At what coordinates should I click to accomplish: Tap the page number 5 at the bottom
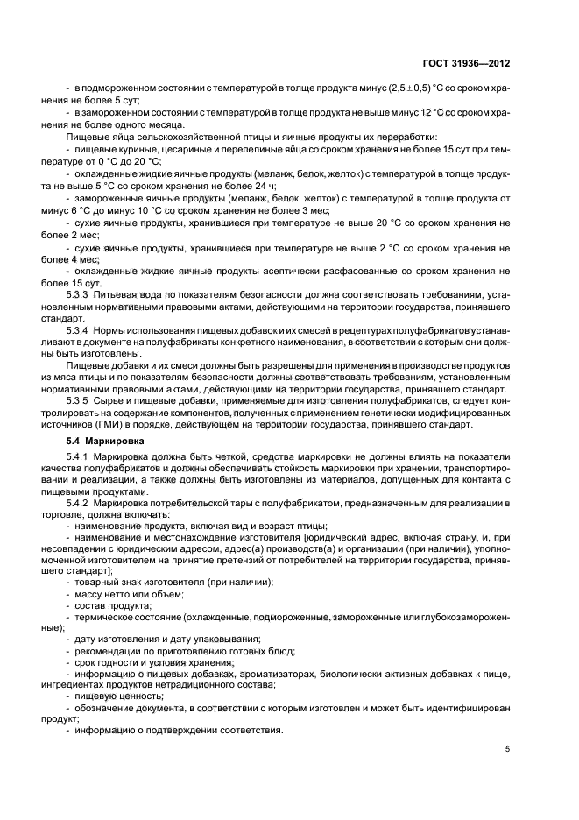point(507,748)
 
